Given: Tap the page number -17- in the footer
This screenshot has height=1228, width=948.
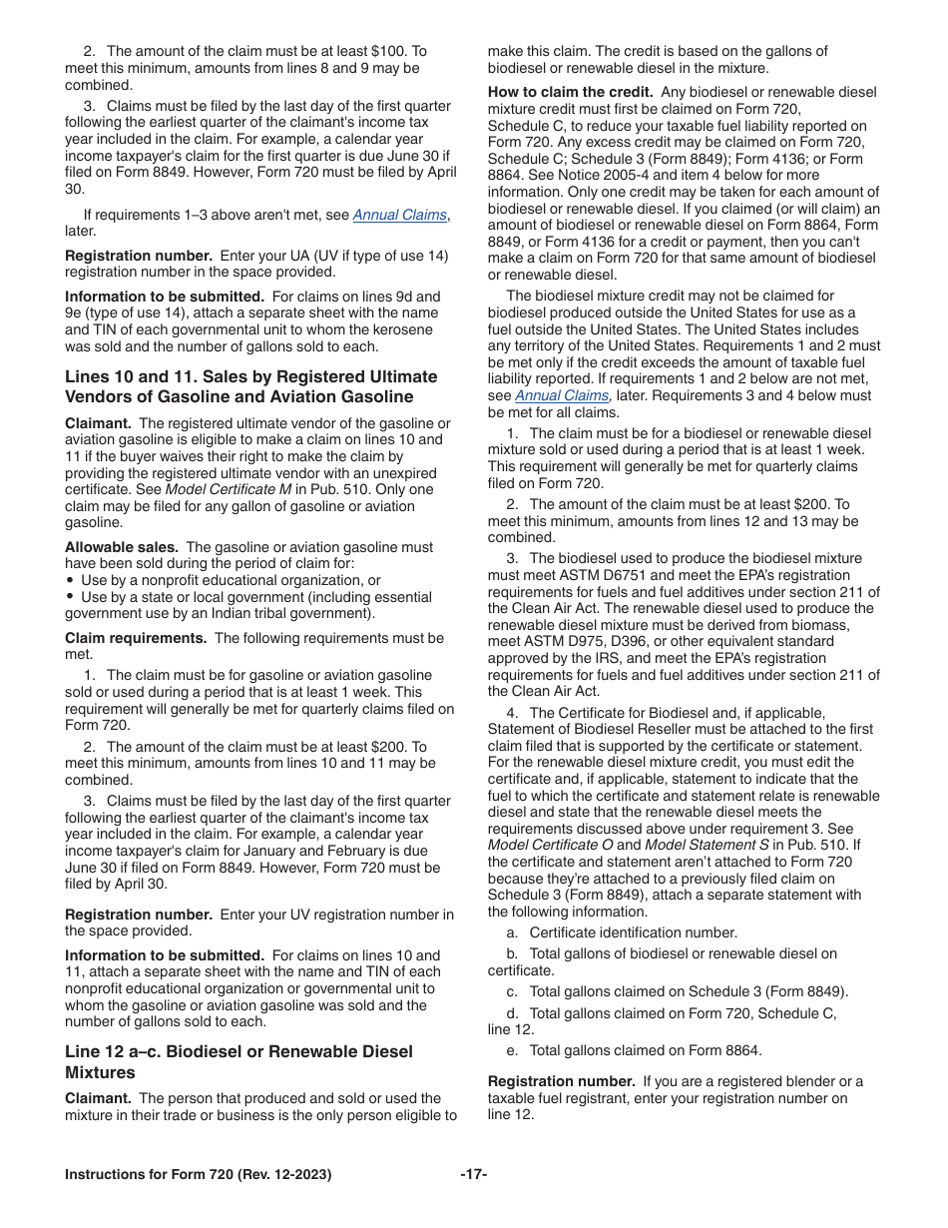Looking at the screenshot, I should (x=473, y=1175).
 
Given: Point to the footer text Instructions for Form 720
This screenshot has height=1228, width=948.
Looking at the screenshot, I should (x=198, y=1175).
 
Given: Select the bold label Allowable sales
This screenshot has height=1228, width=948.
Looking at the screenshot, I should (x=122, y=547).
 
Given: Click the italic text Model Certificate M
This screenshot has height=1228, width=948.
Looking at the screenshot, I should (x=228, y=489).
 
